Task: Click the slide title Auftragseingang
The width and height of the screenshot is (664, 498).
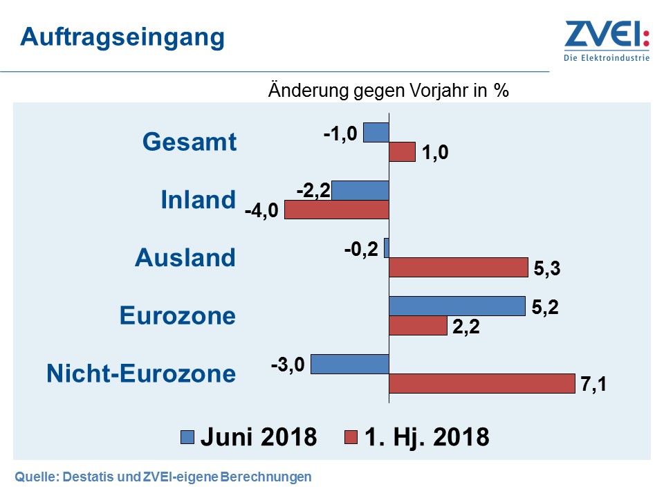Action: pyautogui.click(x=122, y=37)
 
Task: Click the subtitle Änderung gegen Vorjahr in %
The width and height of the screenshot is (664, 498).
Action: pyautogui.click(x=388, y=91)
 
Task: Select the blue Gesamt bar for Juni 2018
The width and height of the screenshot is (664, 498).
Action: pyautogui.click(x=376, y=132)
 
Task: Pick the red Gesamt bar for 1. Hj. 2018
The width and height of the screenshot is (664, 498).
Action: pyautogui.click(x=402, y=152)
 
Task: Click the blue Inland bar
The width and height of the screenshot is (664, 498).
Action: pyautogui.click(x=360, y=190)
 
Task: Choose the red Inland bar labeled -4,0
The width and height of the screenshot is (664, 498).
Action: pyautogui.click(x=337, y=210)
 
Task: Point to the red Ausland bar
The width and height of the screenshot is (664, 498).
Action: pyautogui.click(x=458, y=267)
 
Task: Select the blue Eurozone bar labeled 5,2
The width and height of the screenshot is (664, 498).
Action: pyautogui.click(x=457, y=306)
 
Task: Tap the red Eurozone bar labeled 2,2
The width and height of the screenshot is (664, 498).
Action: pyautogui.click(x=418, y=326)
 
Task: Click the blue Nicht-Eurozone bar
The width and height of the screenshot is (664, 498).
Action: pyautogui.click(x=350, y=364)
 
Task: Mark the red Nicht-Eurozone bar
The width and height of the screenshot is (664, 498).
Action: pyautogui.click(x=481, y=384)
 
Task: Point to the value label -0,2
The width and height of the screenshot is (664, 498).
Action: pyautogui.click(x=361, y=250)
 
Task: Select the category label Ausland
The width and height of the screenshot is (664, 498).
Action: pyautogui.click(x=185, y=258)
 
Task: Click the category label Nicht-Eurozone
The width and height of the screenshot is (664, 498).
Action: pyautogui.click(x=141, y=373)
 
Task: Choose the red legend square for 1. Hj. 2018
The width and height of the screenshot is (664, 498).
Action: pyautogui.click(x=351, y=436)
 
